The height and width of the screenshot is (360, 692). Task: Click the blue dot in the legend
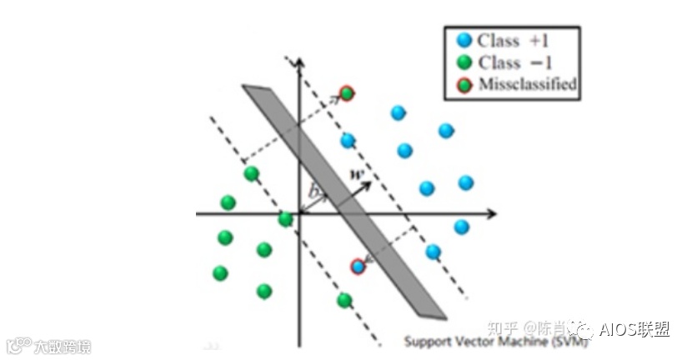pos(464,40)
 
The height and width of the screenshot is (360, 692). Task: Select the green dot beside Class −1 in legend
pos(464,62)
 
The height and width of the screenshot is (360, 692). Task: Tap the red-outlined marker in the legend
pos(464,84)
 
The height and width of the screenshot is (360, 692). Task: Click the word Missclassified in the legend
pos(528,84)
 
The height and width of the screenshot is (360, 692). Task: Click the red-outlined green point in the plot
pos(347,93)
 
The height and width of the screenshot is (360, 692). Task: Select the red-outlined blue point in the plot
pos(358,267)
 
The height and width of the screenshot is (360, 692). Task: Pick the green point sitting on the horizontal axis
pos(286,219)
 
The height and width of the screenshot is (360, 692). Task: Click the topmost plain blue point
pos(399,112)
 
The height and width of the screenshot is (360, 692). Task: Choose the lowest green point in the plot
pos(343,300)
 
